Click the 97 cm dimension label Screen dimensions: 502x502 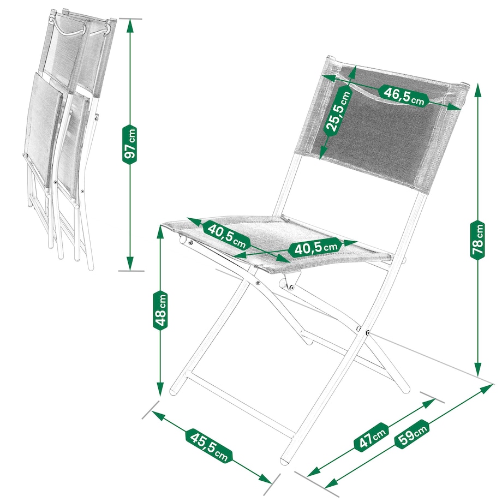(x=130, y=145)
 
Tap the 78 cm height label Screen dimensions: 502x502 (x=477, y=240)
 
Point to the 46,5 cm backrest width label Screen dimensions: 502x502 (x=403, y=95)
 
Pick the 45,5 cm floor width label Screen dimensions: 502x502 (x=209, y=445)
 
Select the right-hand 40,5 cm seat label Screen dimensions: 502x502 (x=314, y=248)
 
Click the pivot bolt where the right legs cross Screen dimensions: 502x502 (x=368, y=333)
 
